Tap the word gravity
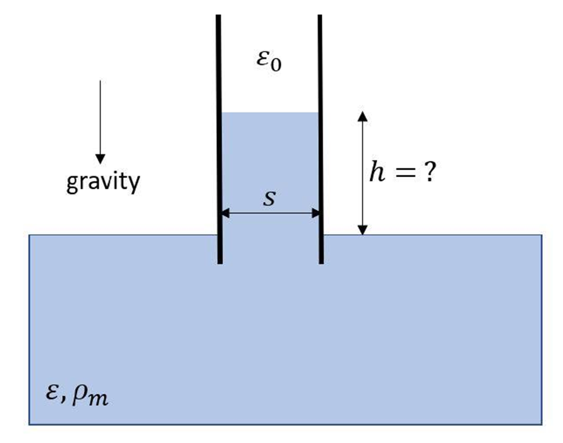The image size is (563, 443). pyautogui.click(x=103, y=182)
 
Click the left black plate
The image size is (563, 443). pyautogui.click(x=219, y=139)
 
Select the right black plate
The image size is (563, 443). pyautogui.click(x=320, y=139)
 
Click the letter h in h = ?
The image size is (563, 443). pyautogui.click(x=377, y=172)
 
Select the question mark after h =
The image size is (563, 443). pyautogui.click(x=429, y=172)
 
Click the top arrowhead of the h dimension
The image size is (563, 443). pyautogui.click(x=362, y=115)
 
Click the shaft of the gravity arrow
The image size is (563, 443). pyautogui.click(x=100, y=116)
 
